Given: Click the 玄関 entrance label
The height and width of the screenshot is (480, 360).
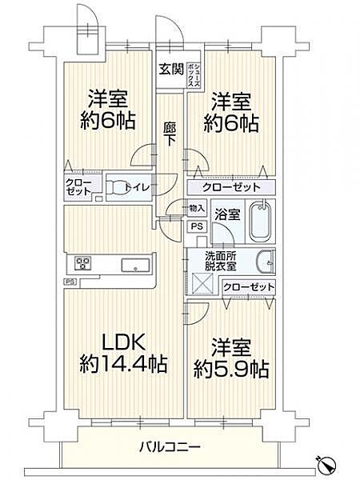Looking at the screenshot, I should point(167,68).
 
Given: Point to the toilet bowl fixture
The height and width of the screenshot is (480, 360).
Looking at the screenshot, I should point(117,187).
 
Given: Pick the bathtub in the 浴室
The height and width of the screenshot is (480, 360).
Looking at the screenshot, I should point(261,221).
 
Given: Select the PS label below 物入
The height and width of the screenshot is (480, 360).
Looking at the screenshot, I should point(196,226).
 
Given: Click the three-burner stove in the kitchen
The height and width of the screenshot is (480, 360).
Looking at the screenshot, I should point(83,264).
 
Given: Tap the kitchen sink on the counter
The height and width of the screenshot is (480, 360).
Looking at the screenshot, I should point(133,265).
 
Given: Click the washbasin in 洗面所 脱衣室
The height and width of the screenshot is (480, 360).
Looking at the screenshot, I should point(266,262).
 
